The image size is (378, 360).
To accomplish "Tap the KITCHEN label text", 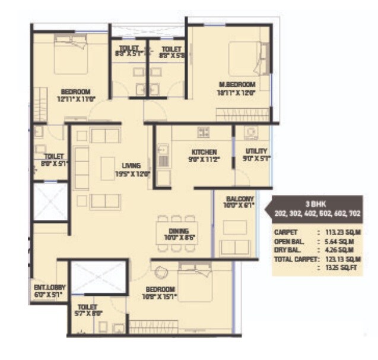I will pyautogui.click(x=204, y=151).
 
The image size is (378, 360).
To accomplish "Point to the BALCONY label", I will pyautogui.click(x=240, y=198).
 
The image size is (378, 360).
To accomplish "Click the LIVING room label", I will pyautogui.click(x=131, y=166).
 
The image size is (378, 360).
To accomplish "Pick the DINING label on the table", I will pyautogui.click(x=179, y=231).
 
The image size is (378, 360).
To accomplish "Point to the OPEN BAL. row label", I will pyautogui.click(x=290, y=241).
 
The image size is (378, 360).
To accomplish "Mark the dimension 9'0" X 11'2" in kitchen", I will pyautogui.click(x=204, y=160).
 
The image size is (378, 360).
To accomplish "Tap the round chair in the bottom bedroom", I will pyautogui.click(x=161, y=273).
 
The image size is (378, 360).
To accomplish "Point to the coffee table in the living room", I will pyautogui.click(x=107, y=165).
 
